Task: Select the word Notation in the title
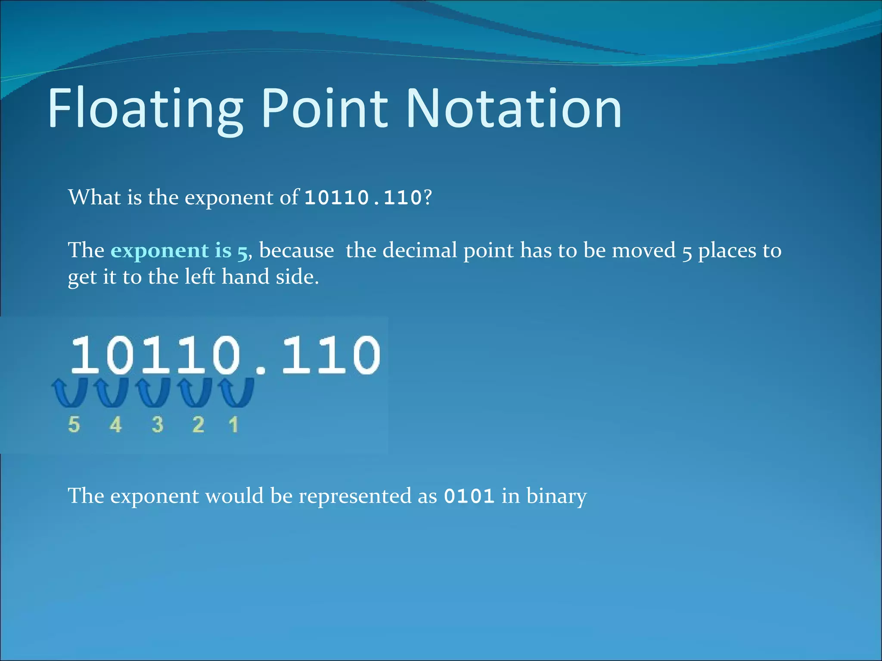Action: point(514,108)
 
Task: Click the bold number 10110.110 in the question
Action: point(363,198)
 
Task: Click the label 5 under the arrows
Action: point(74,425)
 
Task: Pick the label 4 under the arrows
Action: point(115,425)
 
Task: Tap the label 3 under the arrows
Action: point(158,425)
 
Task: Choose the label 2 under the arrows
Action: point(198,425)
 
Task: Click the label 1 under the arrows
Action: point(233,425)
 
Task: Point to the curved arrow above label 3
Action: point(153,392)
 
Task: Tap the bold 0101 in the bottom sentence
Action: point(469,496)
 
